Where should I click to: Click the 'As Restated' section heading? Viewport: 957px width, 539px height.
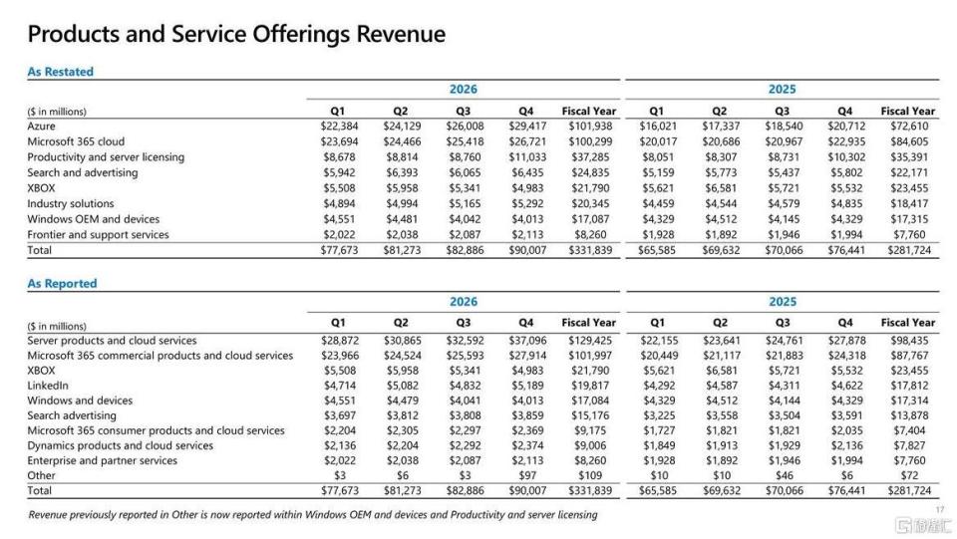click(61, 72)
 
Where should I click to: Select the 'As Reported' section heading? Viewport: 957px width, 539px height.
click(62, 284)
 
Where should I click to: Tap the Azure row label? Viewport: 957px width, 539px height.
click(41, 127)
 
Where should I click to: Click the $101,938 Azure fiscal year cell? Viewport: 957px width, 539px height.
click(589, 127)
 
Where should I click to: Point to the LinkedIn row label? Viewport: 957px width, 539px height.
click(48, 386)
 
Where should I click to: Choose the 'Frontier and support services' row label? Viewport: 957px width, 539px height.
click(98, 235)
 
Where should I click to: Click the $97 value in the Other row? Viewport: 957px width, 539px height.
click(527, 475)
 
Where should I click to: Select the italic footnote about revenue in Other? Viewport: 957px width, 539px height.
click(312, 515)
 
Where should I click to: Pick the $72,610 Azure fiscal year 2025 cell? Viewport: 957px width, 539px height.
click(909, 127)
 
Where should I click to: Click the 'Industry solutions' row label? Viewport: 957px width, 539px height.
click(70, 203)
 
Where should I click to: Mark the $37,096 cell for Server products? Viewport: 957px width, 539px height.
click(527, 340)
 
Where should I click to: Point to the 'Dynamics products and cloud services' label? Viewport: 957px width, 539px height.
click(121, 445)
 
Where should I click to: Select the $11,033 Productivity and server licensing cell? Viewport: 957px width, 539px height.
click(527, 157)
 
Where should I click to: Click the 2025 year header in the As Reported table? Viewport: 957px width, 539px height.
click(783, 302)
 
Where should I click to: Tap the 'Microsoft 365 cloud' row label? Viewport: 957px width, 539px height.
click(76, 141)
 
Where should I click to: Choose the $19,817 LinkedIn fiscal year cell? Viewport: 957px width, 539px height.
click(590, 386)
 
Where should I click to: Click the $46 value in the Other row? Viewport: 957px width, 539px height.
click(785, 475)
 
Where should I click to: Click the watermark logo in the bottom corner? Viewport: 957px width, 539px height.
click(923, 525)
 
